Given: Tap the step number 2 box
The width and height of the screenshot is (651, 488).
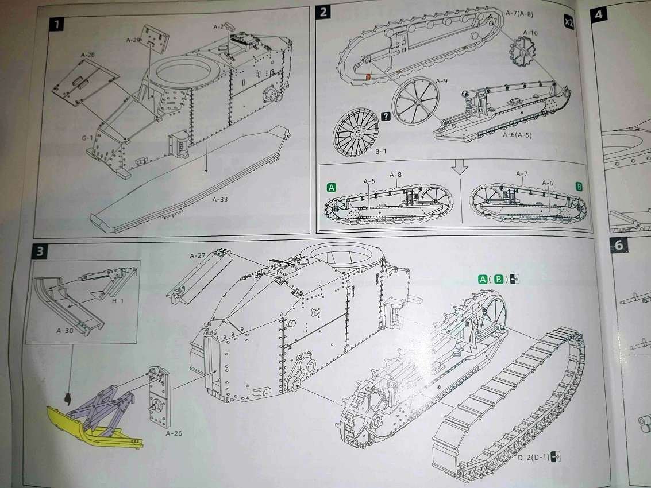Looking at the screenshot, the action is tap(323, 12).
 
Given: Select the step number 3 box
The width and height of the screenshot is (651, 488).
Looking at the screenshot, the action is tap(40, 251).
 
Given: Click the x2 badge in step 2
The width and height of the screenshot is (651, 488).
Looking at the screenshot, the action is tap(569, 22).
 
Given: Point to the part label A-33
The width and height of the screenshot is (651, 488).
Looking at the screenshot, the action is tap(220, 199).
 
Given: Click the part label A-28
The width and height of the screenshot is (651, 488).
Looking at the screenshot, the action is tap(87, 55).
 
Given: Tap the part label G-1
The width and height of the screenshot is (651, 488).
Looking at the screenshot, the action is tap(87, 138).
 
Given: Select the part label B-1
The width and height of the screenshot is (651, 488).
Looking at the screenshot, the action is tap(381, 152).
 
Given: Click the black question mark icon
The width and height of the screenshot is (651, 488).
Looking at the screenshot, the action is tap(386, 117).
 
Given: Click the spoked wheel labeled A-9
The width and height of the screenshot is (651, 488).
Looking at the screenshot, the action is tap(415, 101).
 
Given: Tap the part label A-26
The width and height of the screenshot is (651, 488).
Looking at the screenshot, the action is tap(174, 433).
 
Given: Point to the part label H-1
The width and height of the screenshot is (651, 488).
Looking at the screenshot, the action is tap(117, 300).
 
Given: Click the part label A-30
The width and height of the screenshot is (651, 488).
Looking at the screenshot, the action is tap(65, 330).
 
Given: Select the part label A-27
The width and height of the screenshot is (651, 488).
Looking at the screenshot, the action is tap(198, 255).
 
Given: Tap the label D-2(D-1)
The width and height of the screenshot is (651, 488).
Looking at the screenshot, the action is tap(533, 458).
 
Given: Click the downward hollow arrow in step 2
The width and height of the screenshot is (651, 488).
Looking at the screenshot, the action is tap(460, 167).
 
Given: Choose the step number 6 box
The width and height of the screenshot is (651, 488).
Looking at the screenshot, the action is tap(619, 245).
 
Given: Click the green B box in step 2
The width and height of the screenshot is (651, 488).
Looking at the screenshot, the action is tap(579, 187).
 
